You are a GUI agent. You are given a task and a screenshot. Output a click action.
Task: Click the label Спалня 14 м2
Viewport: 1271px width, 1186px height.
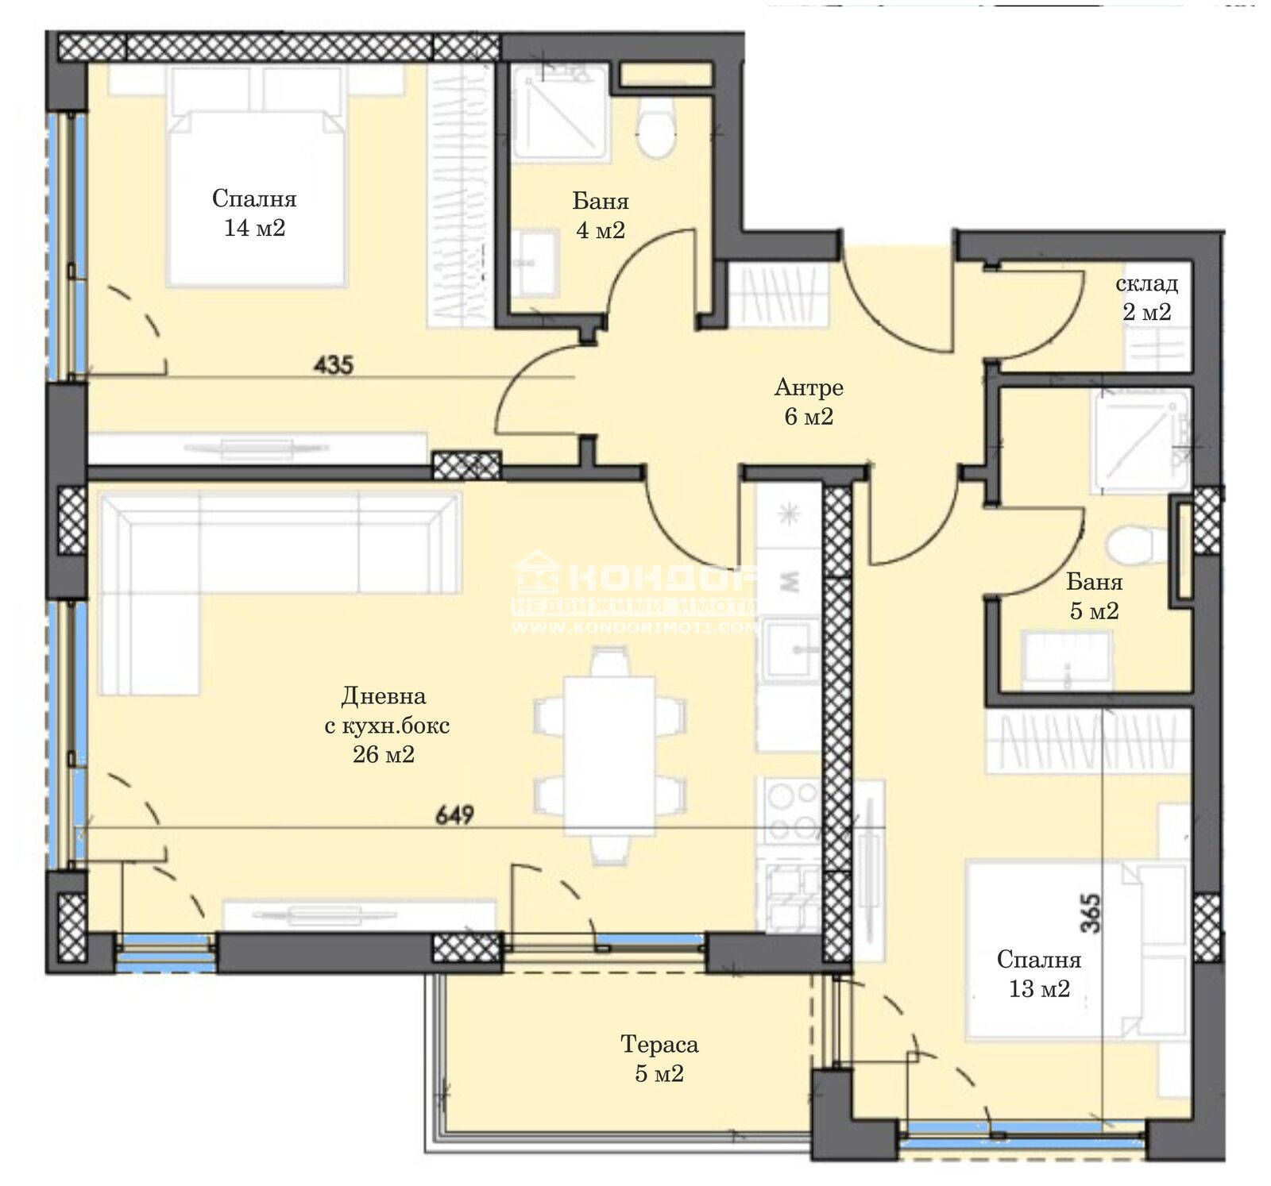pyautogui.click(x=254, y=213)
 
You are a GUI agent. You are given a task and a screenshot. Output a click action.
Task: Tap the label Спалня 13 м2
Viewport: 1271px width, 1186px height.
pyautogui.click(x=1039, y=974)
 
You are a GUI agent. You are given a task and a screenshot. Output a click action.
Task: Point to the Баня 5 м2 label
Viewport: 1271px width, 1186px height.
pyautogui.click(x=1094, y=596)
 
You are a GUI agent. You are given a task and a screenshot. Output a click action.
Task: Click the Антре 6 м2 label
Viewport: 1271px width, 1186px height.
pyautogui.click(x=809, y=402)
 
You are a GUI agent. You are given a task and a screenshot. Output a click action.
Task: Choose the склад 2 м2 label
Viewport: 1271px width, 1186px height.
pyautogui.click(x=1146, y=298)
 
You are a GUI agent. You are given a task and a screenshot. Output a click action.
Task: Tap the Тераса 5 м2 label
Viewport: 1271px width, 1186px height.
pyautogui.click(x=659, y=1059)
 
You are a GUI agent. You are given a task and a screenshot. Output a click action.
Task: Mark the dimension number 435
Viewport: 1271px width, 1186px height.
pyautogui.click(x=334, y=365)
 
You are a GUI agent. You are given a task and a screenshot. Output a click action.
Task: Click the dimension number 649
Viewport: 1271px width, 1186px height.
pyautogui.click(x=454, y=814)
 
